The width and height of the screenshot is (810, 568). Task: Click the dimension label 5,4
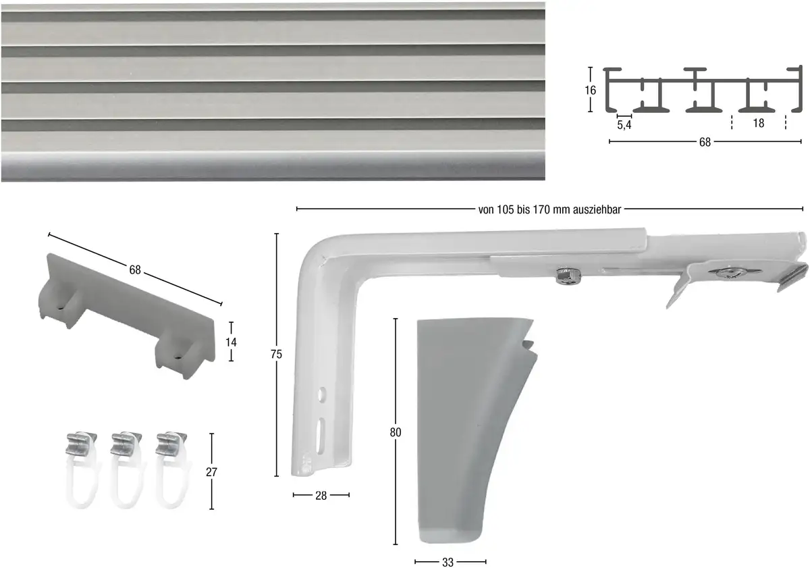tap(624, 125)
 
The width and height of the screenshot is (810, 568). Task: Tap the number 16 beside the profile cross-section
tap(590, 90)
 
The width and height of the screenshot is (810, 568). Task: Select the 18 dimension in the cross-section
tap(758, 124)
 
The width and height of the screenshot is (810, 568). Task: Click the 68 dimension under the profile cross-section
tap(705, 143)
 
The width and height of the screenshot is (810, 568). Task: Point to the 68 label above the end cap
tap(135, 269)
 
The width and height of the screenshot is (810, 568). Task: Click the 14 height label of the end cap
tap(231, 342)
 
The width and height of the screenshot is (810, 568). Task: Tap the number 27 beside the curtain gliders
tap(211, 472)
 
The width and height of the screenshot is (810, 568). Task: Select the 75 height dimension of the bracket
tap(276, 354)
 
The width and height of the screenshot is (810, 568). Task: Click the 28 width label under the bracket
tap(321, 496)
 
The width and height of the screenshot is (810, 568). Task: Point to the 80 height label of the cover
tap(396, 432)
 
